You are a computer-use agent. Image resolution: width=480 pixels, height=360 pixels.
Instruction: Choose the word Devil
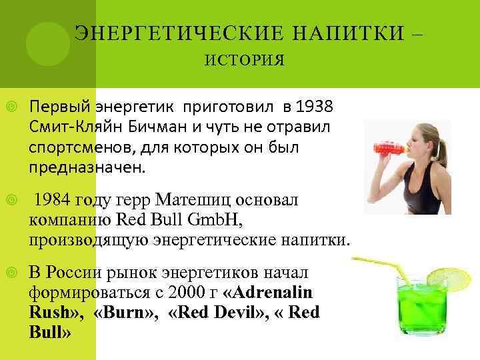tap(219, 312)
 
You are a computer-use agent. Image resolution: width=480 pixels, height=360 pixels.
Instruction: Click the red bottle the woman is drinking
tap(385, 144)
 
